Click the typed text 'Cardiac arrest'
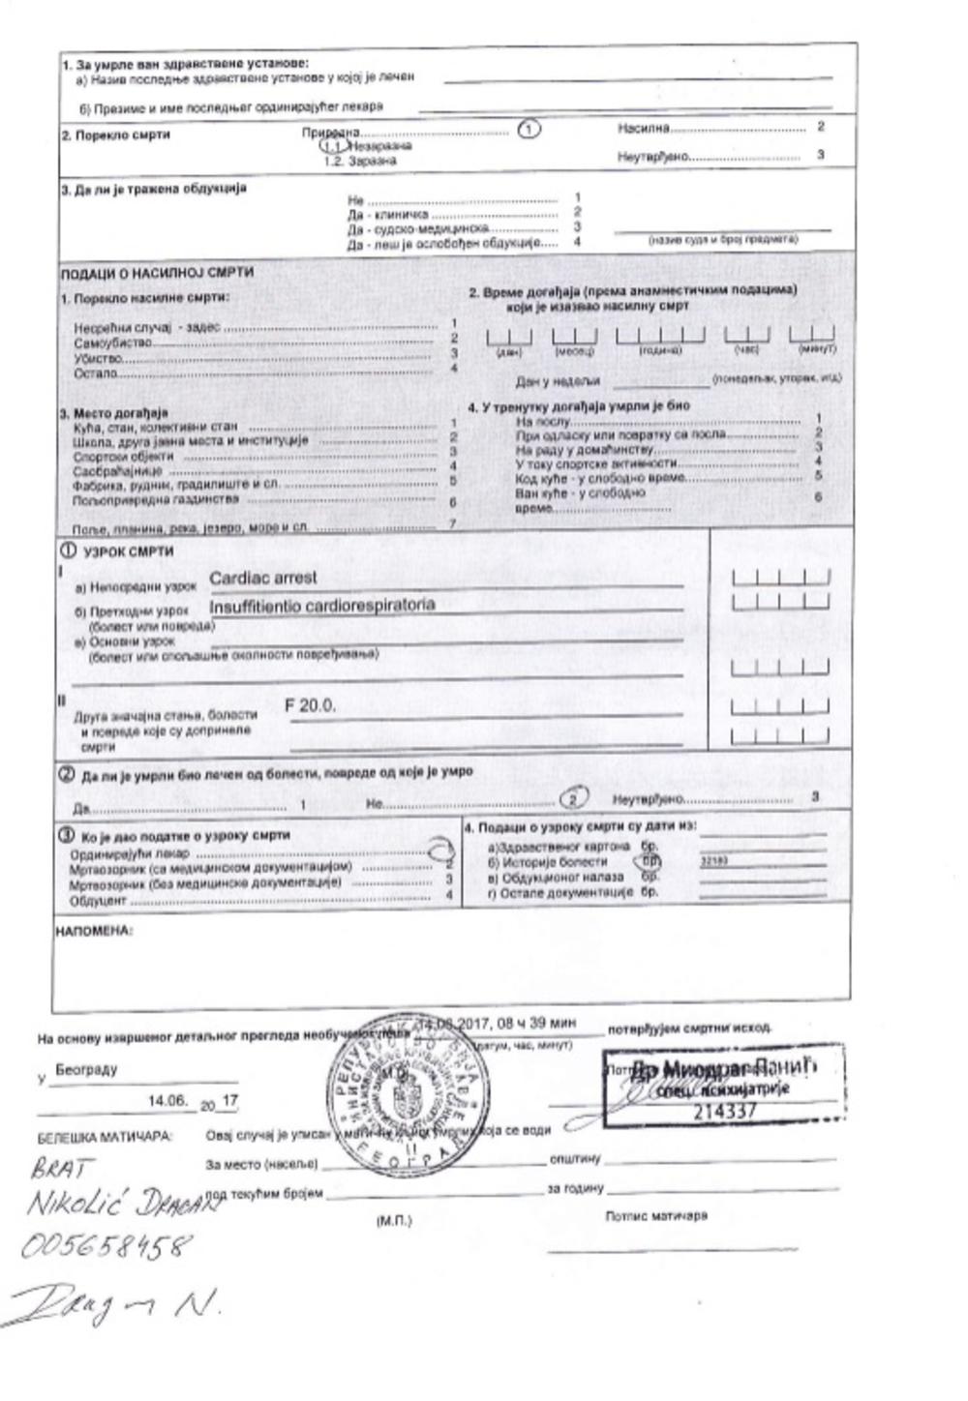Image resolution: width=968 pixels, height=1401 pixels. point(262,578)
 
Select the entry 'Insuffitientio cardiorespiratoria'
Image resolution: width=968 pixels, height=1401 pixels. point(321,605)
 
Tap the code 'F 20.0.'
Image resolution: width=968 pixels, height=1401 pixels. point(310,705)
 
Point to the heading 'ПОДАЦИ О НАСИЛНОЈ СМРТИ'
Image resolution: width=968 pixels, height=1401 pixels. point(157,273)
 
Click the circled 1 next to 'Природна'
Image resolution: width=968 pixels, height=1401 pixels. point(529,129)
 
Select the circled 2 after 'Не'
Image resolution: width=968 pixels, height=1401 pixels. point(575,799)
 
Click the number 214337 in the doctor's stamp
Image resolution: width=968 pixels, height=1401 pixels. point(725,1111)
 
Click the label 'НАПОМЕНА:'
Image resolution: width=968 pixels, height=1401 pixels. point(95,931)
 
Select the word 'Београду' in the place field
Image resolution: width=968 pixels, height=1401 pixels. point(86,1070)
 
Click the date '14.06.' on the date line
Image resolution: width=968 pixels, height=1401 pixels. point(166,1100)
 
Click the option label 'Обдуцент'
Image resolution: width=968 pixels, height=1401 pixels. point(99,901)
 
